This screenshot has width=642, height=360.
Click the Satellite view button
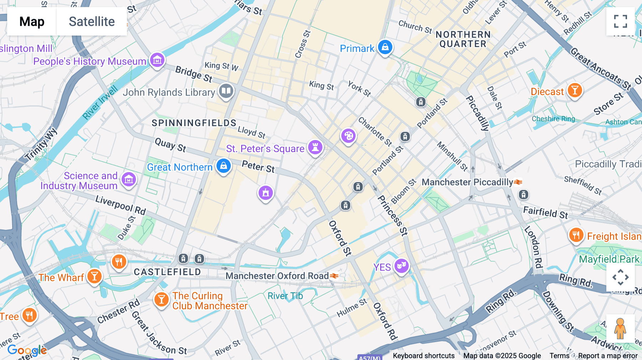click(92, 21)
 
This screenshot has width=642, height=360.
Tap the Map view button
click(32, 21)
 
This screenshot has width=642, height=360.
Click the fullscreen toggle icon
click(620, 21)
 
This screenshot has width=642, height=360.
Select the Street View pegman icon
click(620, 328)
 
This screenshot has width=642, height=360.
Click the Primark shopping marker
click(385, 47)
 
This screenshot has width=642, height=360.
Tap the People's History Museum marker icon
click(157, 60)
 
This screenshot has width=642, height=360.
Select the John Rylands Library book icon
click(226, 91)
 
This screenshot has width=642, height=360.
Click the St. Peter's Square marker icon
click(315, 147)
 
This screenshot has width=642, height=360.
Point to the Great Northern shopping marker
click(224, 166)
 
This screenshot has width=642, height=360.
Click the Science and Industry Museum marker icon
click(129, 179)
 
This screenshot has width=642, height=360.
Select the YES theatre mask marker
click(402, 266)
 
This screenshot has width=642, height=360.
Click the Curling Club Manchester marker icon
click(161, 299)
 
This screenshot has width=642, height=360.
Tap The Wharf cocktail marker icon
click(95, 276)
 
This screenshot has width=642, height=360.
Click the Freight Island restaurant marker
click(576, 235)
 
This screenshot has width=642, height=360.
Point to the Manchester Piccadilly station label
click(467, 182)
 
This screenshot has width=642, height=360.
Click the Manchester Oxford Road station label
click(277, 276)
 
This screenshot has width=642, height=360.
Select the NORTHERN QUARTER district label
click(463, 39)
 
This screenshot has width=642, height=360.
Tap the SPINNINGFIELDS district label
click(194, 123)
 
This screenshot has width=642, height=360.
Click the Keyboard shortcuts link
click(423, 355)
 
